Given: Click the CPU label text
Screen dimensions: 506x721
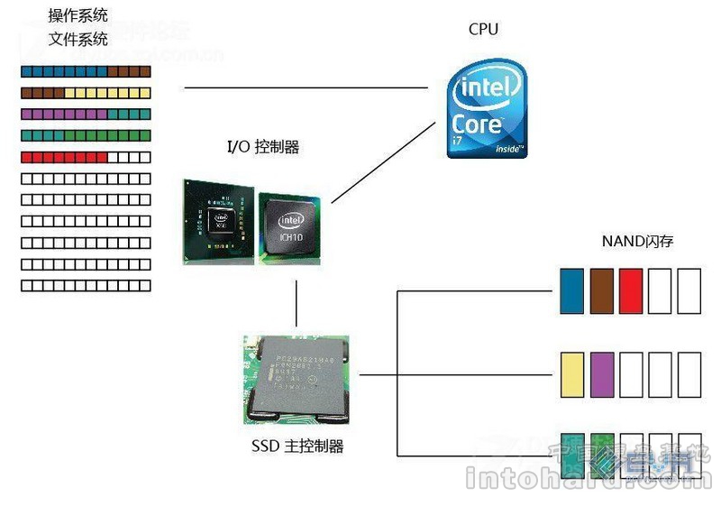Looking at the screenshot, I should tap(483, 29).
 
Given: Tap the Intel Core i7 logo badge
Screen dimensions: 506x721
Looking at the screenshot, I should tap(488, 108).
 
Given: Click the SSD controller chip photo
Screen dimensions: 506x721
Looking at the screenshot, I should tap(296, 379).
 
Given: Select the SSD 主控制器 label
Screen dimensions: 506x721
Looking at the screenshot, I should tap(297, 446).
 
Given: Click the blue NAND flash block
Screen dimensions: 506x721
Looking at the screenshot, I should tap(572, 290).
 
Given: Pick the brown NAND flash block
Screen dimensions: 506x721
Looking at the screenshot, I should tap(601, 290).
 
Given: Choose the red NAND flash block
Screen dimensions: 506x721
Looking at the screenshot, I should tap(631, 290).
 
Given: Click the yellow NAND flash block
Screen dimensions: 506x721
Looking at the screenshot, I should tap(572, 374).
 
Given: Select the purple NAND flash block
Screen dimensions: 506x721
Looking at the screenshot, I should tap(601, 374).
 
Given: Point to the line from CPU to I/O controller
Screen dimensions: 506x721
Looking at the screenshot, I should tap(379, 162).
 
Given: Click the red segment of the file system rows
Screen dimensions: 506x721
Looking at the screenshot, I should tap(63, 157).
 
